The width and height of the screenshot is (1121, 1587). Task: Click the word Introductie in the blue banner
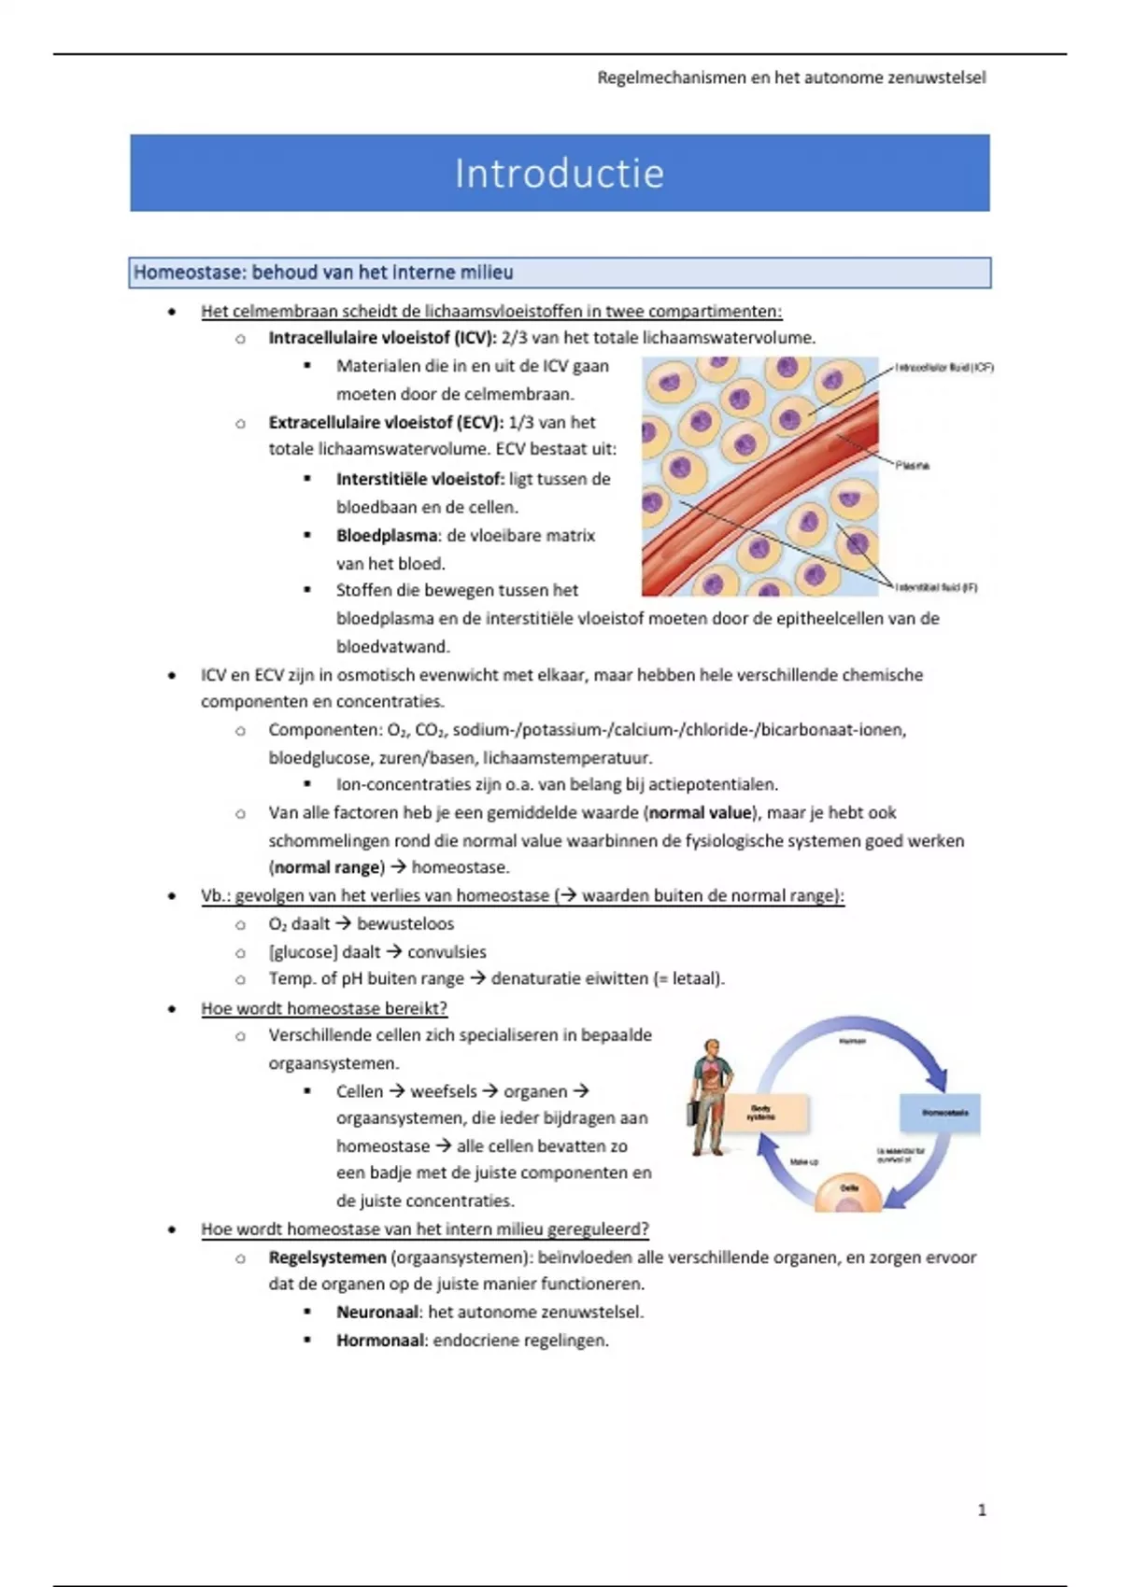[x=559, y=174]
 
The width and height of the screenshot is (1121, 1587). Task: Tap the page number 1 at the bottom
[x=981, y=1510]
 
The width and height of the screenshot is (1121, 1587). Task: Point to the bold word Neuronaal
[x=377, y=1312]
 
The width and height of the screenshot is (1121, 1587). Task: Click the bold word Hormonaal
[x=379, y=1341]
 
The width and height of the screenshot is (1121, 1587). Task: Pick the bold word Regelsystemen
[x=327, y=1257]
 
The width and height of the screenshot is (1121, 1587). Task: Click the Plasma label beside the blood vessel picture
[x=912, y=465]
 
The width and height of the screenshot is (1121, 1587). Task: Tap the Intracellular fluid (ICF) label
[x=944, y=368]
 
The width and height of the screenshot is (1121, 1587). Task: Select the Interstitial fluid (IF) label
[x=936, y=587]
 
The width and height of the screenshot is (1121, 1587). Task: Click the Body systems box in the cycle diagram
[x=762, y=1113]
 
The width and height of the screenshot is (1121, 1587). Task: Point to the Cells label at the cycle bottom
[x=849, y=1188]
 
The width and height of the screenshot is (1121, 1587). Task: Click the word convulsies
[x=447, y=952]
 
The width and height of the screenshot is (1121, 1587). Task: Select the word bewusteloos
[x=405, y=924]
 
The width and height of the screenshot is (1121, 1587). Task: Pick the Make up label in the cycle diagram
[x=803, y=1161]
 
